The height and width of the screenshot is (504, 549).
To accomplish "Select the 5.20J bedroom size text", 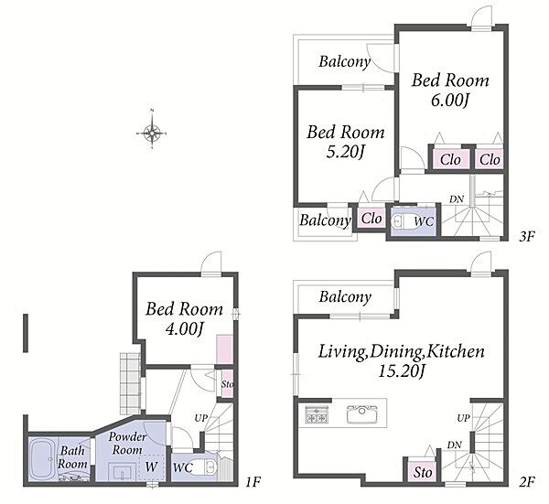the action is tap(346, 152).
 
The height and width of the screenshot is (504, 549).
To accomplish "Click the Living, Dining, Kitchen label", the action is tap(402, 351).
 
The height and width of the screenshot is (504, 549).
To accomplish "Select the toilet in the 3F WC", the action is tap(403, 221).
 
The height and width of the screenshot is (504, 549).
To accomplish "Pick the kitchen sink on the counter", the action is tap(362, 414).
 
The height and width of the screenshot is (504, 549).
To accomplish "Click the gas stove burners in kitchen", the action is tap(317, 414).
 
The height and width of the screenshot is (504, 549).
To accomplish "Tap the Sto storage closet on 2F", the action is tap(423, 471).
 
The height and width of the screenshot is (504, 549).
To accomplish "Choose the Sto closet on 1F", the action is tap(227, 383).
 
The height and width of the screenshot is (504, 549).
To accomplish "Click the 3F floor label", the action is tap(527, 237).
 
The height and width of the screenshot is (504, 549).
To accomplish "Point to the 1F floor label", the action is tap(253, 482).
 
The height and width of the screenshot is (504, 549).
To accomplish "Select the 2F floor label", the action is tap(527, 482).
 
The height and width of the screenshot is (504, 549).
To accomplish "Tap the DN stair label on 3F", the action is tap(457, 199).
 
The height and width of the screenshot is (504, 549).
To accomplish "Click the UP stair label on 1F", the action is tap(201, 418).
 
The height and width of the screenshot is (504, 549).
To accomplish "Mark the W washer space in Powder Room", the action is tap(152, 466).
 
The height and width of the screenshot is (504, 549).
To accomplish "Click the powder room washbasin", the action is tap(121, 471).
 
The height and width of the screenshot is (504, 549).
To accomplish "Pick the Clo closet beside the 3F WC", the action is tap(371, 219).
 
